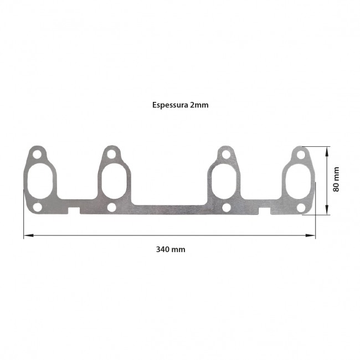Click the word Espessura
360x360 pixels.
pos(170,105)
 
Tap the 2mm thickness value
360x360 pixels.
pos(199,105)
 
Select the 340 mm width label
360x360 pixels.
pos(171,249)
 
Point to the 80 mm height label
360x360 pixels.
pos(336,179)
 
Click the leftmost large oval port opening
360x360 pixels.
pos(40,181)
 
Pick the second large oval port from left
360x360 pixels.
pos(114,181)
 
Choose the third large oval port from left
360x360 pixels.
pos(224,181)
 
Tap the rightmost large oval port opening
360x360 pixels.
pos(298,181)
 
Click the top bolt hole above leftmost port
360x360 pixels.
pos(37,155)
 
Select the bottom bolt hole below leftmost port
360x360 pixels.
pos(38,207)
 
